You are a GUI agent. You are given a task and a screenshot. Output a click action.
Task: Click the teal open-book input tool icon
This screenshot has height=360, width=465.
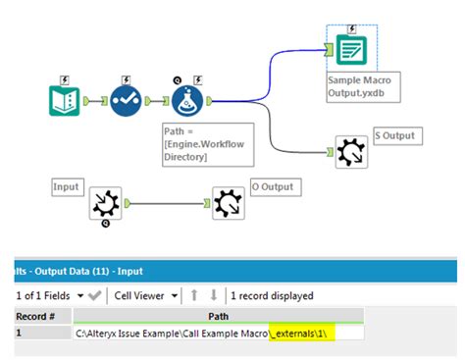tap(65, 100)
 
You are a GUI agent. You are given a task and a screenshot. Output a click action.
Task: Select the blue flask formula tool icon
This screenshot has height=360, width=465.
tap(188, 100)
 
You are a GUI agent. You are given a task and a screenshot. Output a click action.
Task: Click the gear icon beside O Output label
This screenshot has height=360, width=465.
tap(227, 204)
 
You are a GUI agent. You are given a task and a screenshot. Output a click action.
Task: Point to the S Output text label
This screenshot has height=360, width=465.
tap(394, 135)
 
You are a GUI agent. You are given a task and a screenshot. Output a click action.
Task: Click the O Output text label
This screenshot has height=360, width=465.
tap(272, 187)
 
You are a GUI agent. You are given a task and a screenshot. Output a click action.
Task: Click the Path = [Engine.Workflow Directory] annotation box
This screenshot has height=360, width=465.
tap(207, 143)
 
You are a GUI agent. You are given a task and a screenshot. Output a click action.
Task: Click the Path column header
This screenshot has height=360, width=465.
tap(219, 316)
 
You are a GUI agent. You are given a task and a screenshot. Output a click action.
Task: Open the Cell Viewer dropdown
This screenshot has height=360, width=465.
tap(147, 294)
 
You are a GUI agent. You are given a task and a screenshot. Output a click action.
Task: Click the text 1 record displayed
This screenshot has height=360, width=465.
tap(271, 294)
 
